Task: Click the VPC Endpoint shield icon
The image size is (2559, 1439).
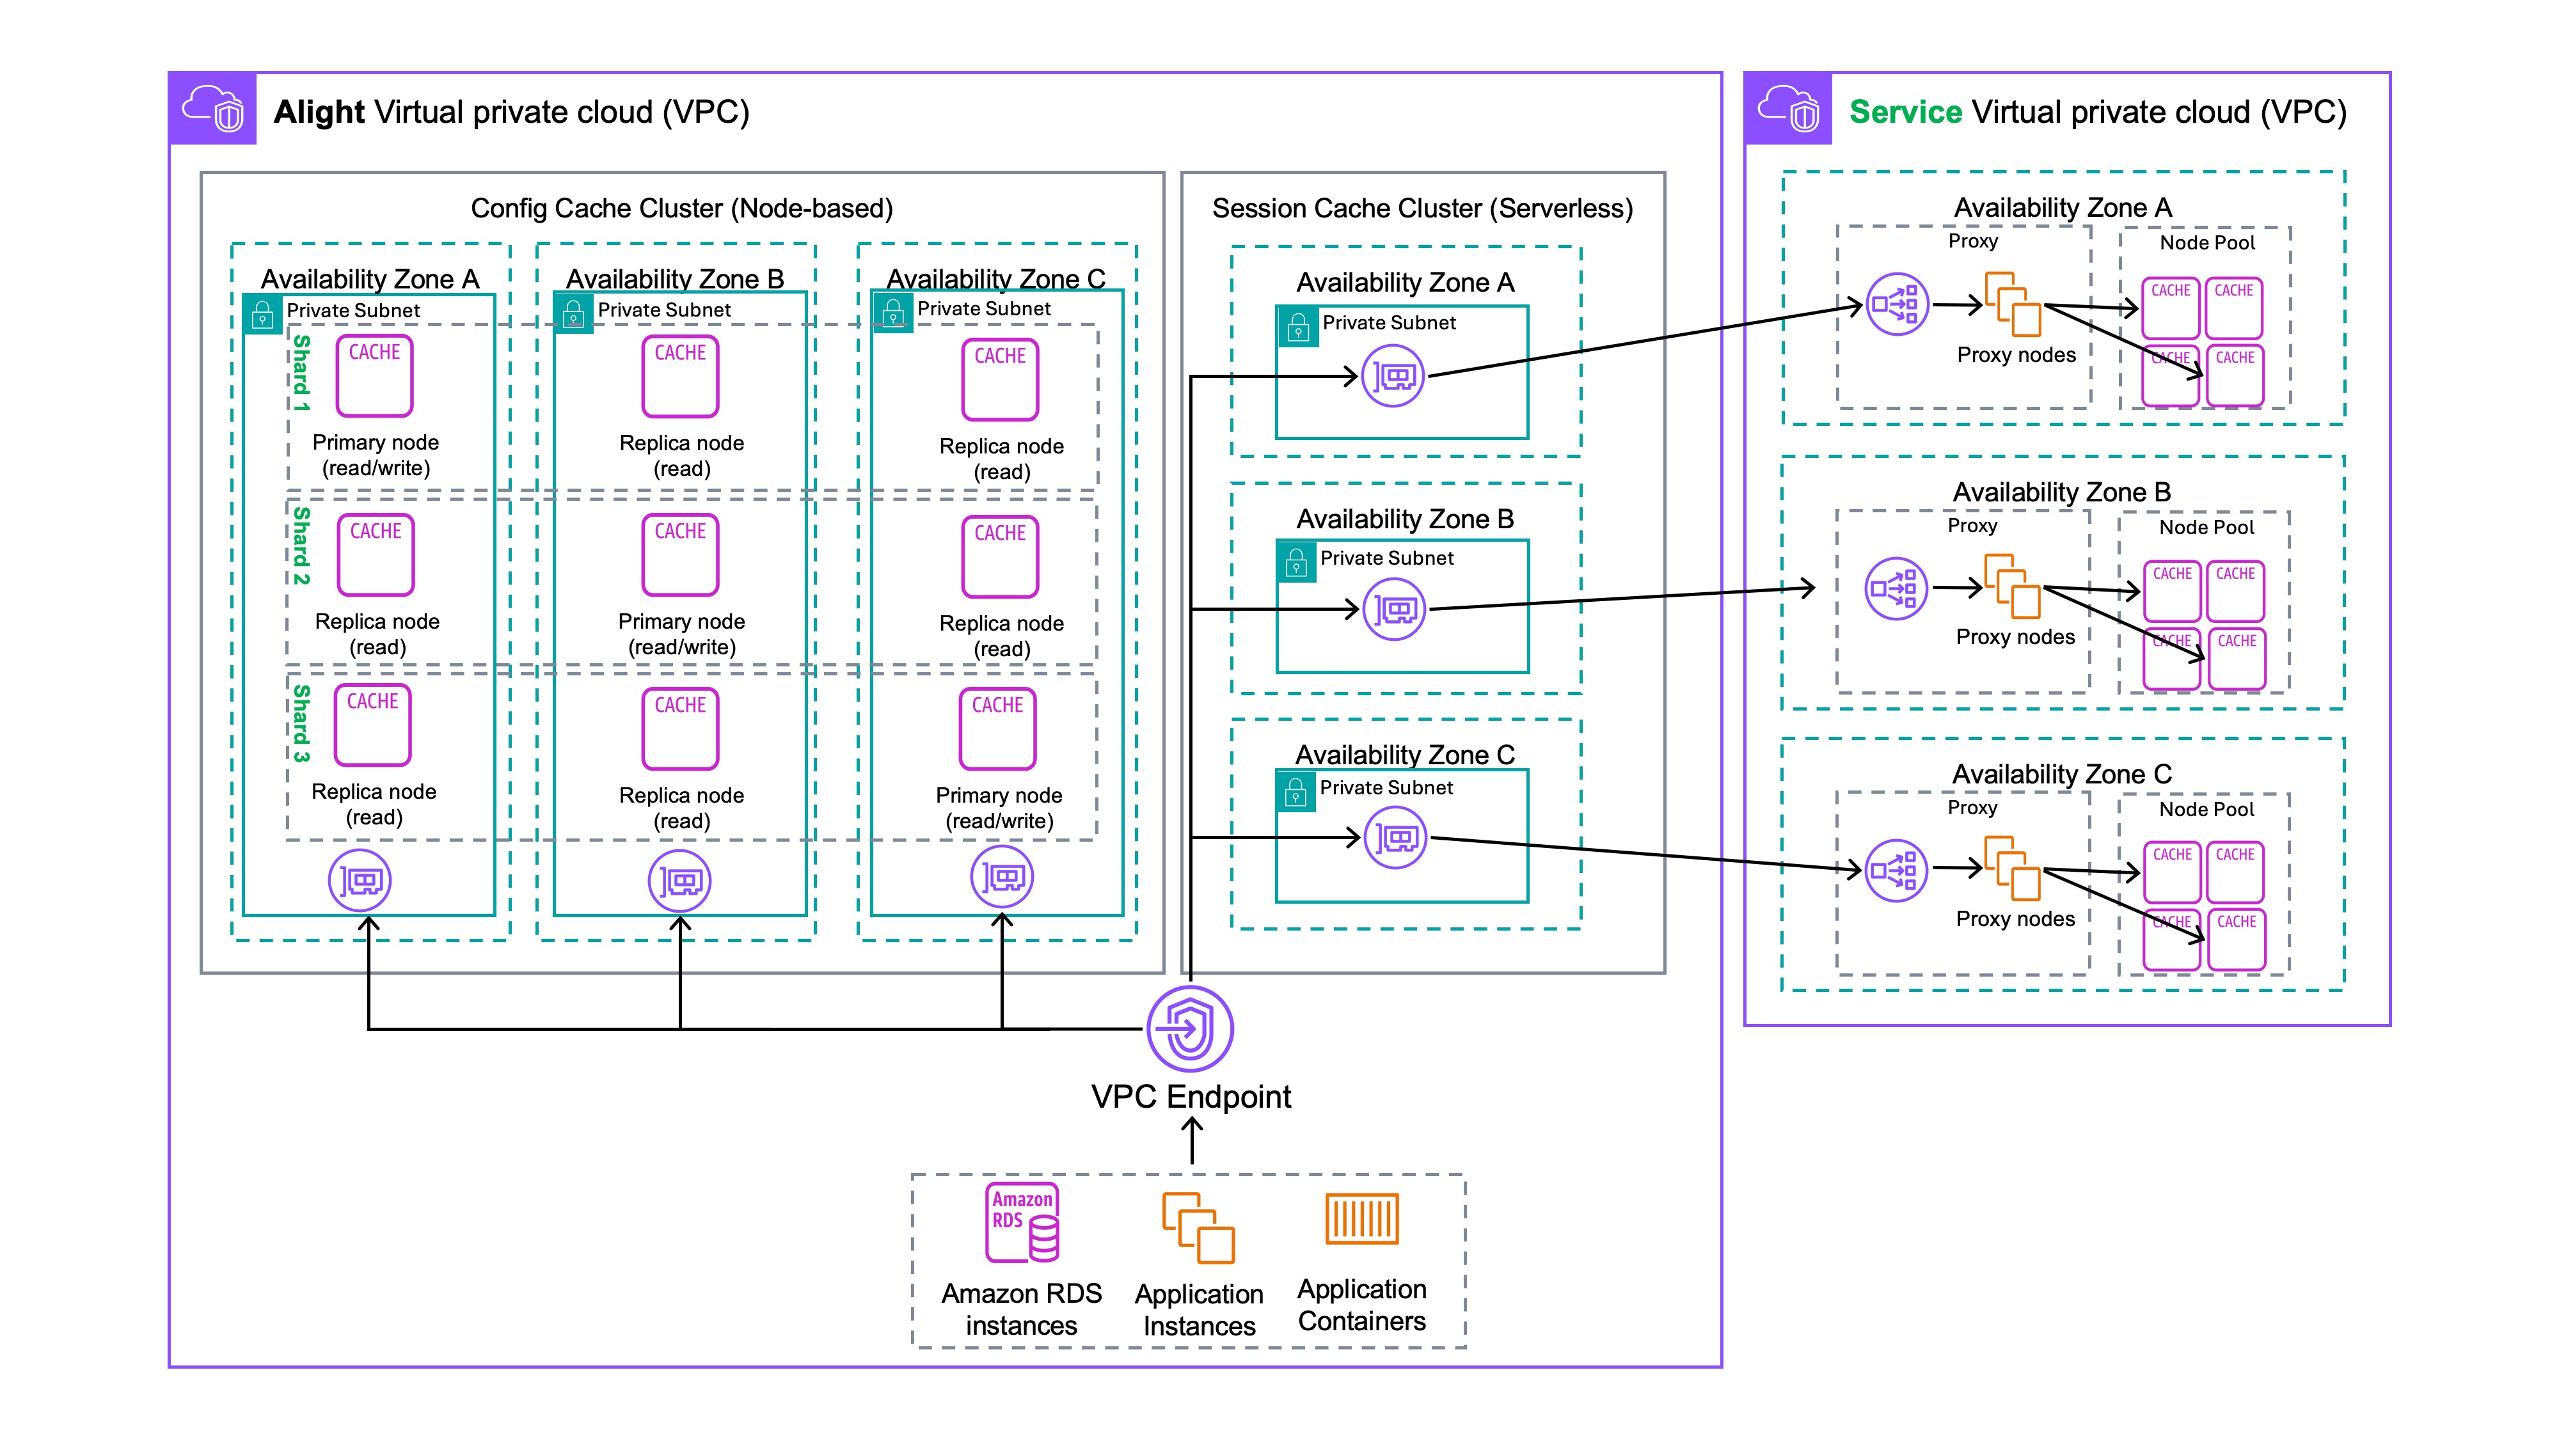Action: (1190, 1029)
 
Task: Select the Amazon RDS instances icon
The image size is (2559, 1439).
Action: (1022, 1222)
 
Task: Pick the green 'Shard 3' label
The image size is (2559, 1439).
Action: (301, 723)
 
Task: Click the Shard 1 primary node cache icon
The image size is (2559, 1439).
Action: (374, 375)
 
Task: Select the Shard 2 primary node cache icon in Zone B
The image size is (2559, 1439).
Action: (681, 554)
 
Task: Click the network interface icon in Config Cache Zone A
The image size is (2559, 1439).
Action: (360, 881)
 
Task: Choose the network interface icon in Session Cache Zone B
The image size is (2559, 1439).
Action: (1394, 609)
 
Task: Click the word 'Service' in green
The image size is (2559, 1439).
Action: (1905, 112)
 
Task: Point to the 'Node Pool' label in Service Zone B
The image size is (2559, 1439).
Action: (2206, 528)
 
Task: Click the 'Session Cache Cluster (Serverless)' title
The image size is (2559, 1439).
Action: (1422, 208)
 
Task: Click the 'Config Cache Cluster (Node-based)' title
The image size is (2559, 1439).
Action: (681, 208)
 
